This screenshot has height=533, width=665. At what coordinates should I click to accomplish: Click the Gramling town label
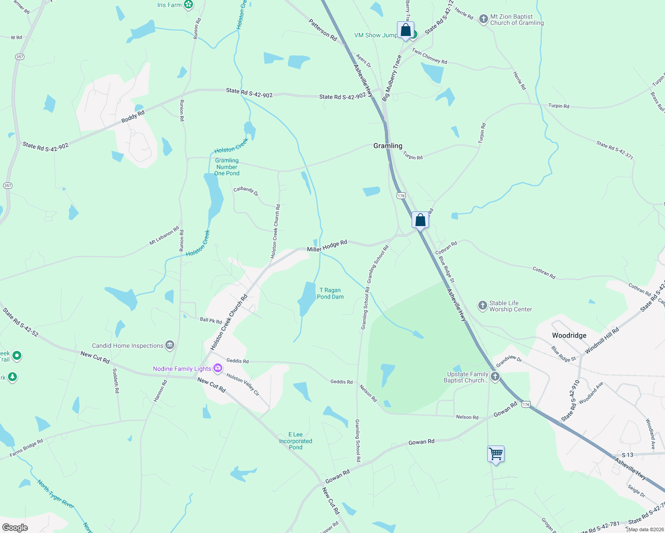coord(388,146)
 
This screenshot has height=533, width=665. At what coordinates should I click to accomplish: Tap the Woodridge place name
coord(569,335)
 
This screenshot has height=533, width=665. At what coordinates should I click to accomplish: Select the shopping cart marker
coord(496,454)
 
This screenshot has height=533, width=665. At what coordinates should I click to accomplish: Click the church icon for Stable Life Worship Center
coord(482,306)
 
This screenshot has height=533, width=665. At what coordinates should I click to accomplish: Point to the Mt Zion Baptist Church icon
coord(483,19)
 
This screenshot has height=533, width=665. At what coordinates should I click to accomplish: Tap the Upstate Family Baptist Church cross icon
coord(495,377)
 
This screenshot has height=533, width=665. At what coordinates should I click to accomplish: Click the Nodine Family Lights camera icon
coord(217,368)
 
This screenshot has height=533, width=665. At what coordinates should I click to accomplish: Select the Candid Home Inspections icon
coord(169,345)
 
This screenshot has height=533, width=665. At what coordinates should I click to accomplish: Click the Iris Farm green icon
coord(188,5)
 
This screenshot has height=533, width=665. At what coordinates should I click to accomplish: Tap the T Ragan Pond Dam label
coord(330,293)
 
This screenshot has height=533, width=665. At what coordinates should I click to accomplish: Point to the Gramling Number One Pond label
coord(227,167)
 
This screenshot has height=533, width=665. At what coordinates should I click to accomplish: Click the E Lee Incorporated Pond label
coord(296,441)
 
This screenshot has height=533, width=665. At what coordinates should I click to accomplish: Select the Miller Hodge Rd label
coord(327,247)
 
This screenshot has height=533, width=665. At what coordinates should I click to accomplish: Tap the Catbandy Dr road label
coord(246,191)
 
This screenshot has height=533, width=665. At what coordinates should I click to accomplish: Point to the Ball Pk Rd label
coord(211,320)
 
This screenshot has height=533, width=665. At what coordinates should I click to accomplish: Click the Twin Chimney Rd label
coord(429,56)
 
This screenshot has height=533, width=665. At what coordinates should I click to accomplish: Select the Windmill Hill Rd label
coord(602,341)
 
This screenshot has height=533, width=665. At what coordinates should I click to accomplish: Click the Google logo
coord(15,527)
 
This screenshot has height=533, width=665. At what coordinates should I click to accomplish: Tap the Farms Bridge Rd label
coord(26,448)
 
